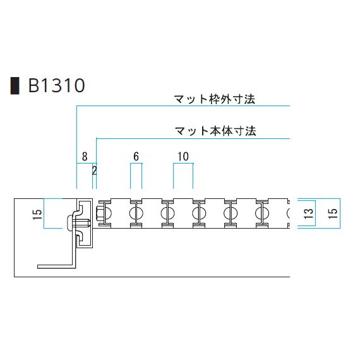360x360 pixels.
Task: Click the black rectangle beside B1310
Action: (15, 86)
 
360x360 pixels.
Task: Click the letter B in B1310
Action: (33, 86)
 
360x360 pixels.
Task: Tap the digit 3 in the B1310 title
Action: (59, 86)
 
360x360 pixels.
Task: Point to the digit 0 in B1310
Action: (80, 86)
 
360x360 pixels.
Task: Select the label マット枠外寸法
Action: (215, 99)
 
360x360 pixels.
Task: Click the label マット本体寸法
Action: (215, 131)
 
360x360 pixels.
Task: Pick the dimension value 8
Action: (85, 157)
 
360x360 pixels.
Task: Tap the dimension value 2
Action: (94, 171)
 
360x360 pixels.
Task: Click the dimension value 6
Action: (136, 157)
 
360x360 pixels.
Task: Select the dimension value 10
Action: (183, 157)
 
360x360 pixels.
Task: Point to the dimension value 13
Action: (309, 213)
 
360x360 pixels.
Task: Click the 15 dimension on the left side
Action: (38, 214)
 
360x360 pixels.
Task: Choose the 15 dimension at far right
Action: (333, 213)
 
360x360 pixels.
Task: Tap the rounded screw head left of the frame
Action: (69, 223)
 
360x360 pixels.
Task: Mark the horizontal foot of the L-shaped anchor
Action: (56, 266)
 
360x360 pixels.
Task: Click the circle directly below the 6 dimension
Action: (136, 213)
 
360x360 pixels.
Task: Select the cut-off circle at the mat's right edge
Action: (289, 213)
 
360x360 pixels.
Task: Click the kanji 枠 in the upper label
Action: (215, 99)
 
